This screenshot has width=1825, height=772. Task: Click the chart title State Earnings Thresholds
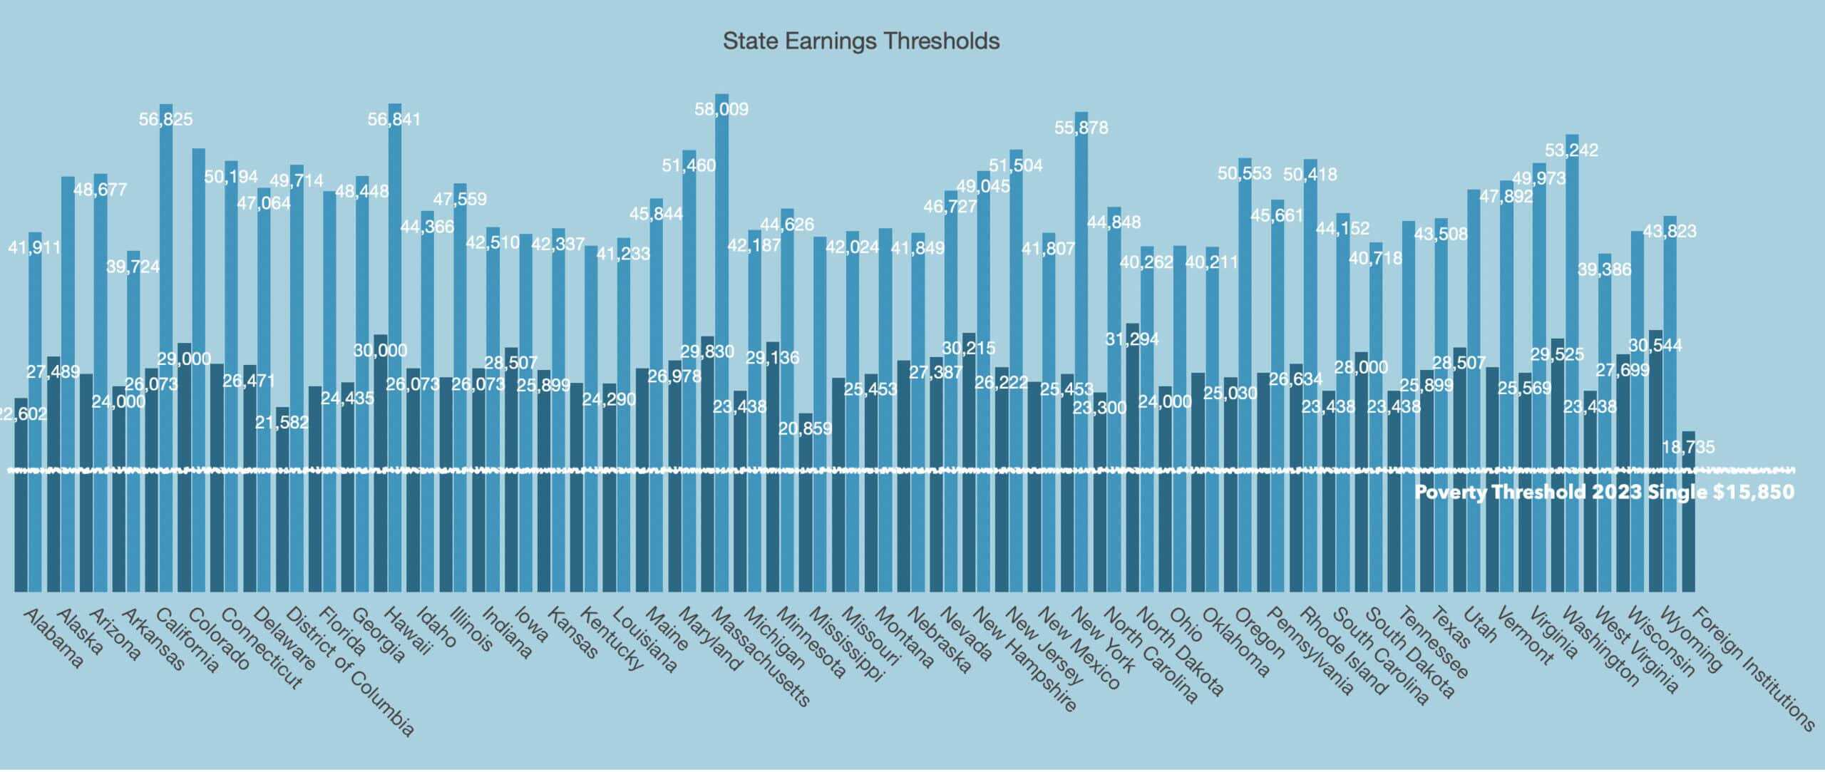[x=860, y=41]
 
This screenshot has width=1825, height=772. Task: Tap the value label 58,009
[x=721, y=109]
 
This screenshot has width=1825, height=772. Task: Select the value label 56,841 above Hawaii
[x=394, y=119]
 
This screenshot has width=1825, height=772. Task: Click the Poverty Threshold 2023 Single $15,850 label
[x=1604, y=493]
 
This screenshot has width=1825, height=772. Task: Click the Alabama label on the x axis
[x=53, y=638]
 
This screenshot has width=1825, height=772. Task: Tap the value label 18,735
[x=1688, y=448]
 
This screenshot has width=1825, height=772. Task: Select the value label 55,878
[x=1081, y=128]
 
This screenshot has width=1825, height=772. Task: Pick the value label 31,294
[x=1132, y=339]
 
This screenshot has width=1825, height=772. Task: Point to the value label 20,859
[x=805, y=429]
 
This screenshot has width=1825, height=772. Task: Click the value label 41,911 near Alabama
[x=34, y=248]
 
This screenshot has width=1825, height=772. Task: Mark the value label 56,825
[x=165, y=119]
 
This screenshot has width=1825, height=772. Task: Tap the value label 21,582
[x=282, y=422]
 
